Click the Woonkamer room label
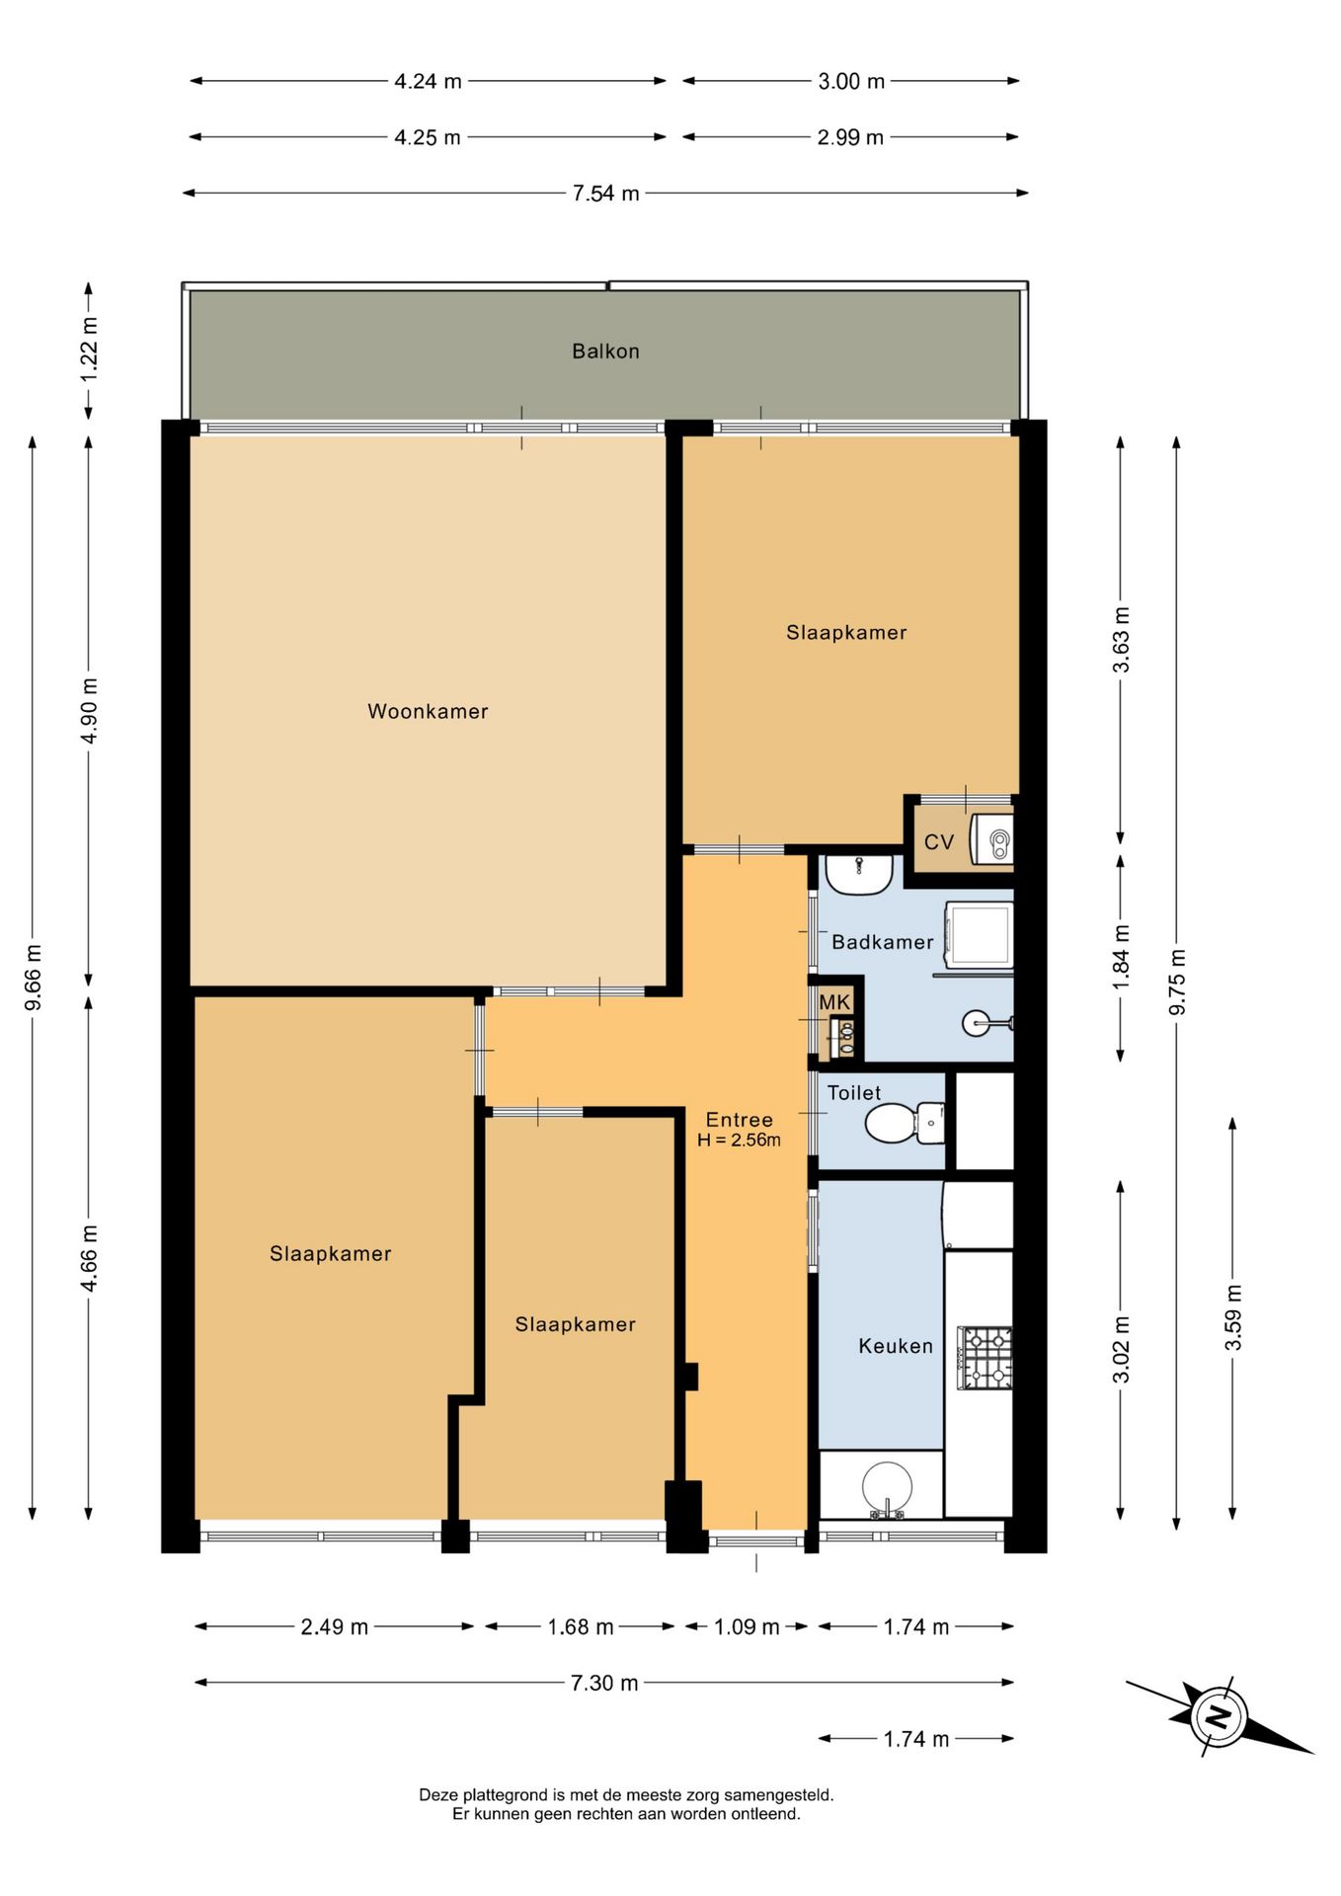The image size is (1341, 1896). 428,711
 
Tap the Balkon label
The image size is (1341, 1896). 605,351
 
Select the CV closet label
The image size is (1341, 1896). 938,841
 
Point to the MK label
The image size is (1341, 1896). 834,1002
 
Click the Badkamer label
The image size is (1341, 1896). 882,942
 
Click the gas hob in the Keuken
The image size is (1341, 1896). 985,1358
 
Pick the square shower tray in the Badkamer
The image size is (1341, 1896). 979,934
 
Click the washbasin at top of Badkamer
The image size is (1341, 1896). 859,874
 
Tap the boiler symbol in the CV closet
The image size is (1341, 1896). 992,839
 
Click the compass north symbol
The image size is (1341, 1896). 1220,1715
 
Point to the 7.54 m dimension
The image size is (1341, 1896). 605,194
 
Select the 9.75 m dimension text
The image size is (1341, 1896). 1176,982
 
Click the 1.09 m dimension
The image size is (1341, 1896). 747,1626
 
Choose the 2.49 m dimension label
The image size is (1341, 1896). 334,1626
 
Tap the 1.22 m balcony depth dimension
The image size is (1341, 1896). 89,351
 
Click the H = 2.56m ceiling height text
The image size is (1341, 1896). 739,1141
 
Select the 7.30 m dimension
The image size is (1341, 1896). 604,1683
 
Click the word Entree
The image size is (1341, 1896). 739,1120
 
